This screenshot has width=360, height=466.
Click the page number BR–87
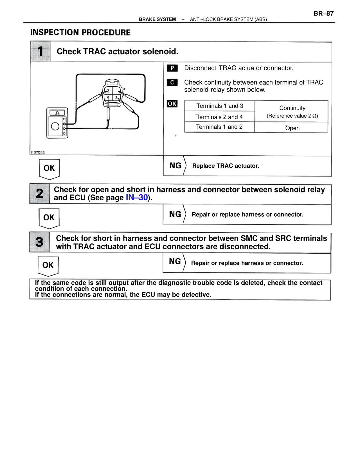click(323, 14)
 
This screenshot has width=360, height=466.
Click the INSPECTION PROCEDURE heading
click(80, 32)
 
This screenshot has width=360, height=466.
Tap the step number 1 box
click(40, 51)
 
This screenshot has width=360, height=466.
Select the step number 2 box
click(40, 194)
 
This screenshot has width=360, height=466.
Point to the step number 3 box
click(40, 242)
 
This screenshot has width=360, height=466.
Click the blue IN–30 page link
click(137, 198)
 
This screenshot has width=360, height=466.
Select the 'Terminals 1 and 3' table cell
click(220, 106)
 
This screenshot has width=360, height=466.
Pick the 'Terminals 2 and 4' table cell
click(219, 117)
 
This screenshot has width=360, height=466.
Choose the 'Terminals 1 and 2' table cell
click(219, 127)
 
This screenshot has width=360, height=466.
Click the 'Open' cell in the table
click(292, 128)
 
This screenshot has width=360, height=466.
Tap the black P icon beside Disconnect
click(172, 68)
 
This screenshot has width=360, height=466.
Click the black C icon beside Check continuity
click(172, 82)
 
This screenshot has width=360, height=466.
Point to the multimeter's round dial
click(55, 126)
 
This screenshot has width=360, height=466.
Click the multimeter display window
click(57, 113)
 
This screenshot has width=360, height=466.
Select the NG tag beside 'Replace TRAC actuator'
click(175, 166)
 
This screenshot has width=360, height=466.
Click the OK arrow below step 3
click(48, 266)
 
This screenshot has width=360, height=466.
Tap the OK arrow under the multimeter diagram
click(49, 169)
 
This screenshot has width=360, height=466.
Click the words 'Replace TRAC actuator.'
click(226, 166)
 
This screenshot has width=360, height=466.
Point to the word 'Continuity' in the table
click(292, 108)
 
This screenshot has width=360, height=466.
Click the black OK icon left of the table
click(172, 104)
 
